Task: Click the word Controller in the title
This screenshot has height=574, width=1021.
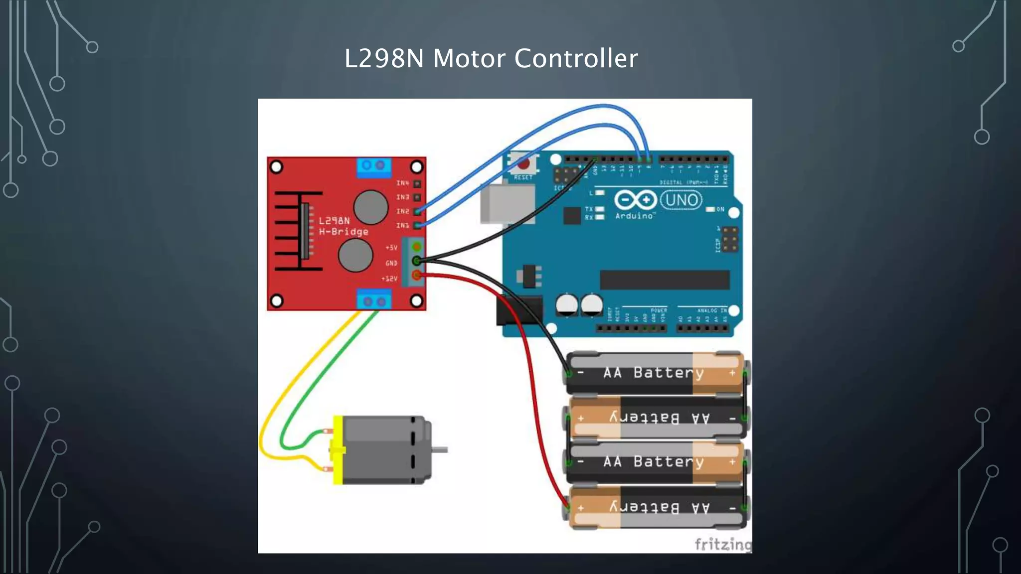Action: click(x=576, y=58)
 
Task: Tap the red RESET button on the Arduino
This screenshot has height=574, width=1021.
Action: click(x=523, y=163)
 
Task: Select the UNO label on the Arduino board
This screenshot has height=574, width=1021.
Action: click(x=681, y=200)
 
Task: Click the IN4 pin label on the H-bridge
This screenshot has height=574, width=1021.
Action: click(x=402, y=183)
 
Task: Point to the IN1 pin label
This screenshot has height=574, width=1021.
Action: click(x=402, y=226)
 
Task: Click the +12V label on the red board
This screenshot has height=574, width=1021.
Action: click(x=389, y=279)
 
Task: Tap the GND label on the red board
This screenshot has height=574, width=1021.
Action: click(x=391, y=263)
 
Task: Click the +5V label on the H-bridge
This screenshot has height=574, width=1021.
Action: click(x=391, y=248)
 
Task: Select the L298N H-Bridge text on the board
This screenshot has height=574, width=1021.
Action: click(x=343, y=226)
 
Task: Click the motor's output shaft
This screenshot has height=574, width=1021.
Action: click(x=440, y=450)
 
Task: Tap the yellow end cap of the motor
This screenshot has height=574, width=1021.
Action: click(x=338, y=450)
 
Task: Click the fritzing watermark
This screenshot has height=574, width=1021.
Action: click(x=722, y=544)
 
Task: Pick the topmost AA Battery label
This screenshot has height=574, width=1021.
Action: click(x=653, y=373)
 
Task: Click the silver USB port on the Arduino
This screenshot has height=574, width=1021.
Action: click(x=507, y=204)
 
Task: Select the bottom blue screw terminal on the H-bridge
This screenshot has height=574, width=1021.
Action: click(x=374, y=300)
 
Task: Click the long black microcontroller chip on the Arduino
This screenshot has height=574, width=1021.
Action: click(x=664, y=280)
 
